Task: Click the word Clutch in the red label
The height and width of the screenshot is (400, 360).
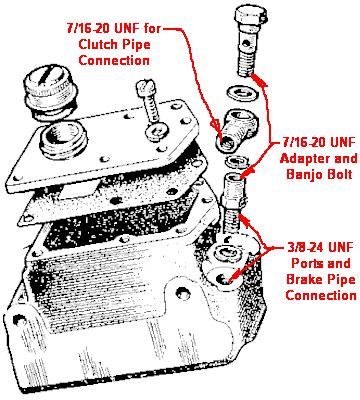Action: [x=97, y=45]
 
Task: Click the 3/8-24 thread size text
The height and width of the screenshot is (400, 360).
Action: [x=306, y=248]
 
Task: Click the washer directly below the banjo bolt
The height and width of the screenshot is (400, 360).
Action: [x=242, y=92]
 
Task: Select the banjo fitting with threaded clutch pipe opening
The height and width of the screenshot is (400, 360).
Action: [x=238, y=131]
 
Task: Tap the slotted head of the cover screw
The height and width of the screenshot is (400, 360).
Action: [x=146, y=86]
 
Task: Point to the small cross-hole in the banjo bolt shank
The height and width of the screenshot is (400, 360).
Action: [x=245, y=43]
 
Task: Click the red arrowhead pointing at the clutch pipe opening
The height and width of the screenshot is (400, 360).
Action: [x=216, y=126]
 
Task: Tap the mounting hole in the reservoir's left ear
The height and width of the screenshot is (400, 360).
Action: [x=19, y=320]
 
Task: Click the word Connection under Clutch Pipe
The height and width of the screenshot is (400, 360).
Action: [x=114, y=60]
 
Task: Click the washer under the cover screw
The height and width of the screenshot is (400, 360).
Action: [x=156, y=130]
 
